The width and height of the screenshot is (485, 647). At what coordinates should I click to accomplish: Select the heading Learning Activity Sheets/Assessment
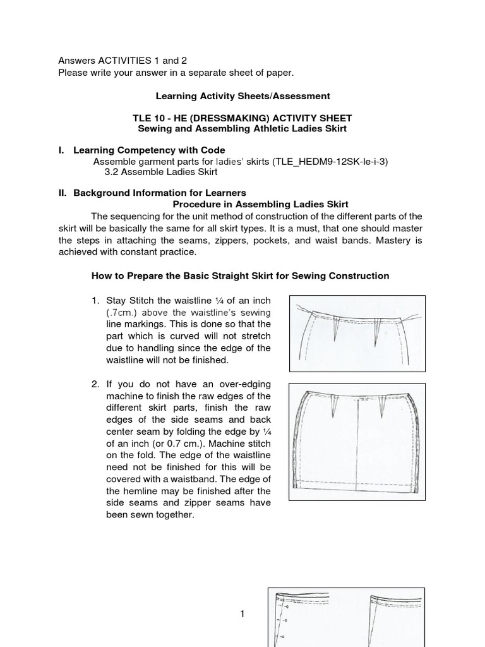pyautogui.click(x=242, y=96)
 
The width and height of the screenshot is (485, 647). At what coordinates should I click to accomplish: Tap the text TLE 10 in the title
pyautogui.click(x=148, y=118)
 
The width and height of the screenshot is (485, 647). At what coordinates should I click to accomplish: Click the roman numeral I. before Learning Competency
pyautogui.click(x=62, y=150)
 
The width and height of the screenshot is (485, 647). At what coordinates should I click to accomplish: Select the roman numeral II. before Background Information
pyautogui.click(x=63, y=193)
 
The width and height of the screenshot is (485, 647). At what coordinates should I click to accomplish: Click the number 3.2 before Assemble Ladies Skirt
pyautogui.click(x=112, y=171)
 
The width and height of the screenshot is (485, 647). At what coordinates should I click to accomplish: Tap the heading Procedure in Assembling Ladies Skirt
pyautogui.click(x=260, y=204)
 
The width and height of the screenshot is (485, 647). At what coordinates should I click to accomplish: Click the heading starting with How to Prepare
pyautogui.click(x=240, y=276)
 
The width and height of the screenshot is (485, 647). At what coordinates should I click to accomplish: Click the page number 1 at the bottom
pyautogui.click(x=242, y=614)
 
